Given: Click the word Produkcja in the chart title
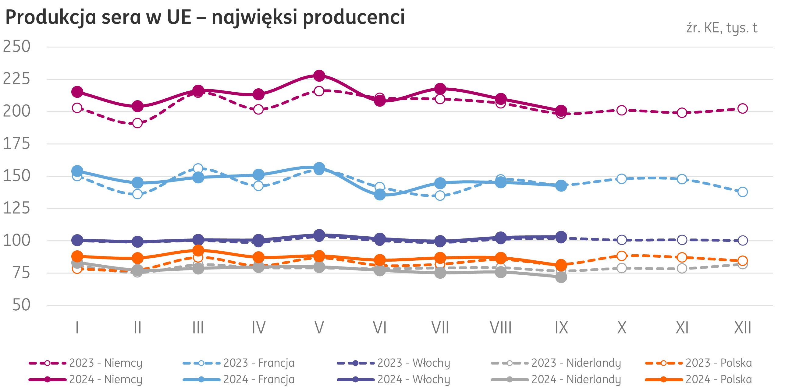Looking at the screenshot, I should [x=51, y=17].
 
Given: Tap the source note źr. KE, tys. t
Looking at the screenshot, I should [x=721, y=28].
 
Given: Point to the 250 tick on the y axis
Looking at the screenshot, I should [x=17, y=47].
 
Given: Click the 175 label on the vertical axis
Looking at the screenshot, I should [x=17, y=144].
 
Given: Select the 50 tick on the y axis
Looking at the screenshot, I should [x=21, y=305].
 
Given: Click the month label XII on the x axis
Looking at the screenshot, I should [x=742, y=328].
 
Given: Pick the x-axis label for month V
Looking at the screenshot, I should [x=319, y=328].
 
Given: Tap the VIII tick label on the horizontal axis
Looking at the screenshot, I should [x=500, y=328].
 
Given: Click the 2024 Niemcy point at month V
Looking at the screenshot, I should [x=319, y=76].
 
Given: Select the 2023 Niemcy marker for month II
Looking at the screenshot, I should [x=137, y=123].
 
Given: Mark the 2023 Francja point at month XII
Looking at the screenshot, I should [x=743, y=192].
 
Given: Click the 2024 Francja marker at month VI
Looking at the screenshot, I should [x=380, y=194].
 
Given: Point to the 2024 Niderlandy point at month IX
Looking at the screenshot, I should [x=561, y=277].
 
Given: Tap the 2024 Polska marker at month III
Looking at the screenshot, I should [x=198, y=251].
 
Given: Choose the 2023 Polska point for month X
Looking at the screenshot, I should [x=622, y=256].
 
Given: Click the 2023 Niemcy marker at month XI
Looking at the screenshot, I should [x=682, y=113].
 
